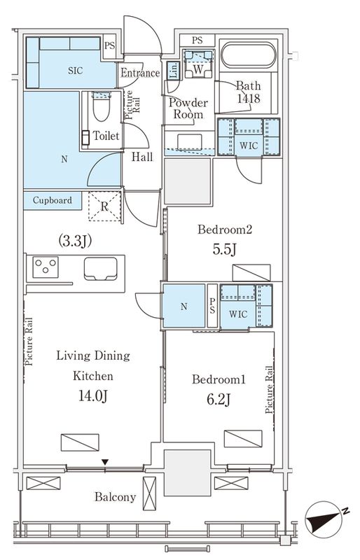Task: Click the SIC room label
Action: pyautogui.click(x=76, y=71)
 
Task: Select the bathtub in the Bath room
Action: pyautogui.click(x=249, y=55)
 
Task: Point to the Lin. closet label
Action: pyautogui.click(x=173, y=71)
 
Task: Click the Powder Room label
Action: pyautogui.click(x=188, y=108)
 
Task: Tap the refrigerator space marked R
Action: pyautogui.click(x=104, y=206)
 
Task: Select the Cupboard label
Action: pyautogui.click(x=53, y=200)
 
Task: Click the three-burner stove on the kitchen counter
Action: pyautogui.click(x=46, y=267)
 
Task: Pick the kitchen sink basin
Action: pyautogui.click(x=100, y=269)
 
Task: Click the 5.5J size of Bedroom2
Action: pyautogui.click(x=224, y=250)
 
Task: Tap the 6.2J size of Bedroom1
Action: pyautogui.click(x=219, y=399)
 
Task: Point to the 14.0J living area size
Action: pyautogui.click(x=93, y=396)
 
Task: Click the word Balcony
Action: pyautogui.click(x=115, y=497)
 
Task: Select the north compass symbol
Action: pyautogui.click(x=324, y=519)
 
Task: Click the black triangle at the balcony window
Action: pyautogui.click(x=105, y=462)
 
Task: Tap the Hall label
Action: pyautogui.click(x=142, y=156)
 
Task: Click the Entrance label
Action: pyautogui.click(x=140, y=73)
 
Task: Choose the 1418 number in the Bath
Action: pyautogui.click(x=249, y=98)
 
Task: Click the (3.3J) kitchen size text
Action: pyautogui.click(x=75, y=241)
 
